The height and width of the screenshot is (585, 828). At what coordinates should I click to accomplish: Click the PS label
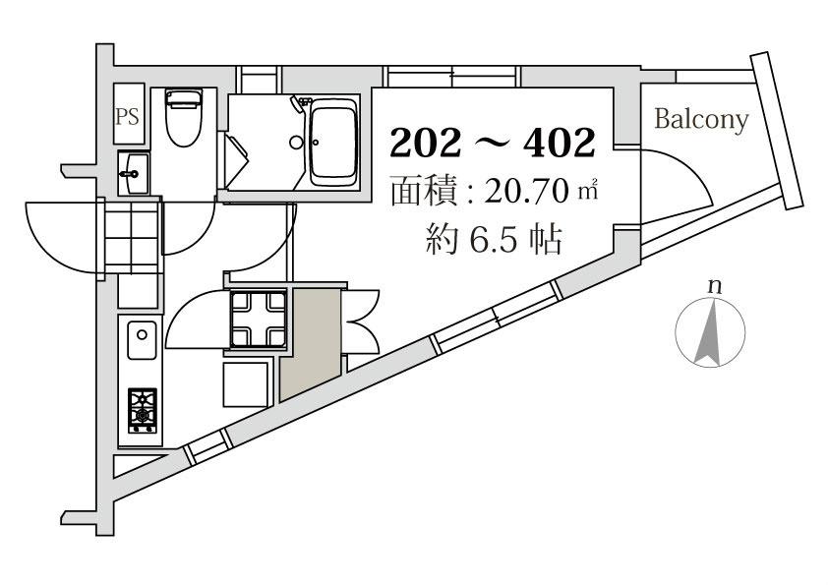pos(127,116)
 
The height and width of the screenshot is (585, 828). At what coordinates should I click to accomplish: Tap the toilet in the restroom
pos(184,117)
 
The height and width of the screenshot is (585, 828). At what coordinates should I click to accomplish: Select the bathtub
pos(332,142)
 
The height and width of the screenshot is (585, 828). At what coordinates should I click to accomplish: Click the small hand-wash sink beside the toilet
pos(134,173)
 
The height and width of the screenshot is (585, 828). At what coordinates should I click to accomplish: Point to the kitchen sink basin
pos(142,340)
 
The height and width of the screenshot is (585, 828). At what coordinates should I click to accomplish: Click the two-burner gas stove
pos(142,410)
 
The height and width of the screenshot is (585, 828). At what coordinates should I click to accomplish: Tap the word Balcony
pos(702,120)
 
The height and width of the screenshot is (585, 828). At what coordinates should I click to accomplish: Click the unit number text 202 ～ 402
pos(493,143)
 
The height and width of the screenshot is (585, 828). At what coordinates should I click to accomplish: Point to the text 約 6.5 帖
pos(494,240)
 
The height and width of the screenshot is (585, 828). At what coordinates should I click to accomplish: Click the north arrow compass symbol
pos(710,332)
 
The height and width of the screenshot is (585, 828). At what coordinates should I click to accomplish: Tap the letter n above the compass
pos(715,287)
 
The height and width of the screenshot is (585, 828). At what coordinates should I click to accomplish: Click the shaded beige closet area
pos(310,344)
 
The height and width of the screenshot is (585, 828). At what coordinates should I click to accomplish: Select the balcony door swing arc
pos(686,174)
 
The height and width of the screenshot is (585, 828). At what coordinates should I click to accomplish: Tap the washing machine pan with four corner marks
pos(259,319)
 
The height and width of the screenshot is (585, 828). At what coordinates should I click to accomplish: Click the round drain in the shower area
pos(296,142)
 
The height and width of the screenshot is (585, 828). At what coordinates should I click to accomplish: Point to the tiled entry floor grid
pos(132,237)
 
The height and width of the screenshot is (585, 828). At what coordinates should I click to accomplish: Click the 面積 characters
pos(424,192)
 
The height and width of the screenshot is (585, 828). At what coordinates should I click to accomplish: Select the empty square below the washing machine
pos(246,384)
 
